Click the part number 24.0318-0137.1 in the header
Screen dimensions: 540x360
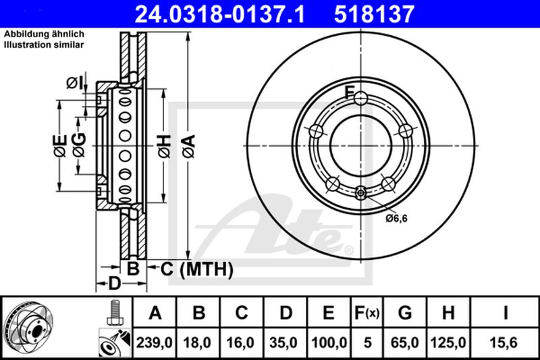(x=220, y=14)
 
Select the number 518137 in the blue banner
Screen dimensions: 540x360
(x=374, y=14)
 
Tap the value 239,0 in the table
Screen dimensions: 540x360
(x=154, y=342)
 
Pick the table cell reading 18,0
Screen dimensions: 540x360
(x=197, y=342)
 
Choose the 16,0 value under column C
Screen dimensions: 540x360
(x=240, y=342)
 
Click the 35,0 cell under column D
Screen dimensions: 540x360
(x=283, y=342)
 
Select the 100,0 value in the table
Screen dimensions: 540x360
(x=329, y=342)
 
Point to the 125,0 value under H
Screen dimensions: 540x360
(x=448, y=342)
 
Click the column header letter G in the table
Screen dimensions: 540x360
(x=405, y=313)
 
